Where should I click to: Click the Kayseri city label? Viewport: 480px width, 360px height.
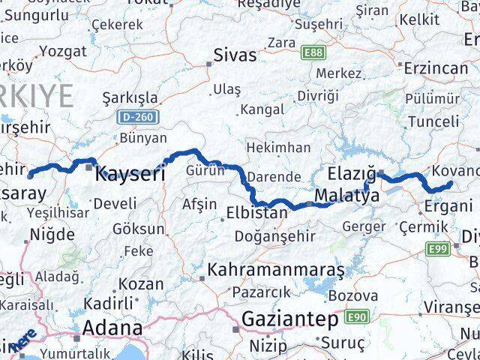[130, 174]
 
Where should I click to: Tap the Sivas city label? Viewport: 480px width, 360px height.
[235, 55]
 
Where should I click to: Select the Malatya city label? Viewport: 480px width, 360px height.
[344, 196]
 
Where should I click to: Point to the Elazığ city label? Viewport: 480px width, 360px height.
[352, 175]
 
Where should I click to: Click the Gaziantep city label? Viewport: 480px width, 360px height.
[289, 319]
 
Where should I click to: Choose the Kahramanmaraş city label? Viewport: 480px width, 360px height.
[277, 268]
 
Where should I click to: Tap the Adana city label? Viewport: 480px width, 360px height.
[112, 328]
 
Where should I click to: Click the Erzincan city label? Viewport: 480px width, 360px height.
[436, 67]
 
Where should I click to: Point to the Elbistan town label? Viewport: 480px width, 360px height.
[256, 213]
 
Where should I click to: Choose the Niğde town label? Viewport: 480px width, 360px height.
[52, 235]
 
